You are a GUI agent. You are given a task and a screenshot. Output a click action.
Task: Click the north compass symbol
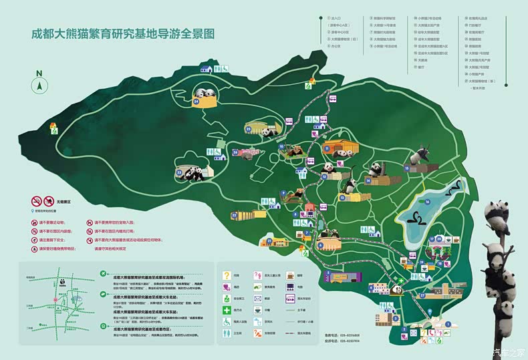pyautogui.click(x=39, y=84)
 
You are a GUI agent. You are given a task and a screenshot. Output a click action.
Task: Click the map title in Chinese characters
pyautogui.click(x=123, y=33)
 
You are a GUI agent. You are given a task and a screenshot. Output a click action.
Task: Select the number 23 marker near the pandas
pyautogui.click(x=179, y=172)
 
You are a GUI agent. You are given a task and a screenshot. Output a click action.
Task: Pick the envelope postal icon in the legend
pyautogui.click(x=257, y=298)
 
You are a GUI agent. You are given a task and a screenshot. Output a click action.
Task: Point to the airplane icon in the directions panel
pyautogui.click(x=102, y=274)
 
